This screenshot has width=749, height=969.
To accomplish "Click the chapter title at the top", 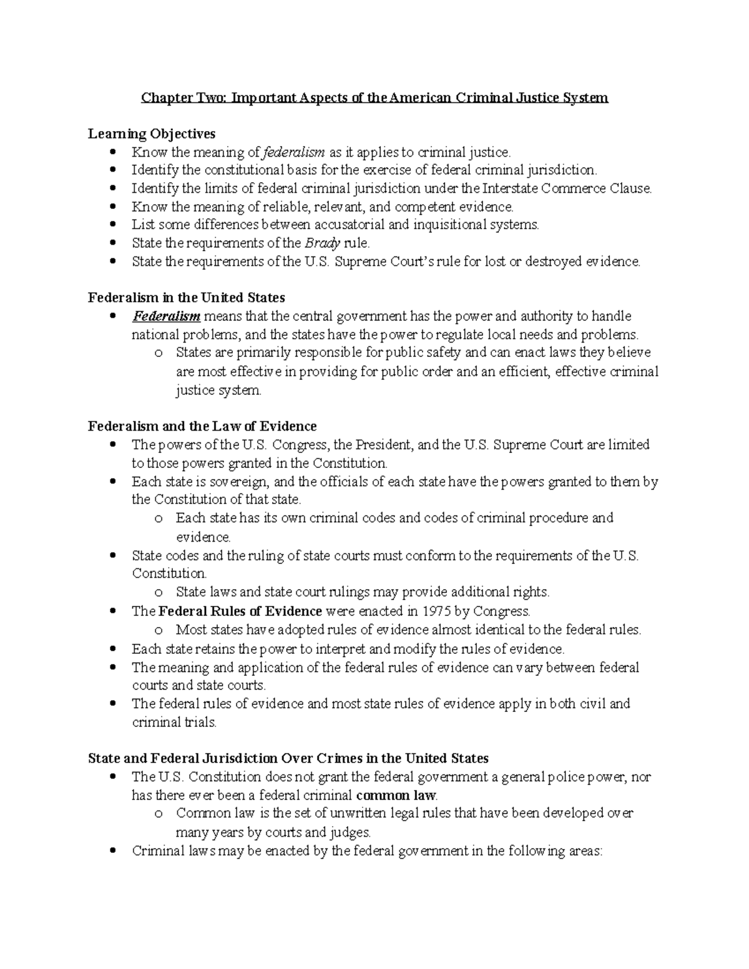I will click(374, 98).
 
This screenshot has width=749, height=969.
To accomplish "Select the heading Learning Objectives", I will click(152, 134).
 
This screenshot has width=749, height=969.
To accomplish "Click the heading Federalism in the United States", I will click(187, 298).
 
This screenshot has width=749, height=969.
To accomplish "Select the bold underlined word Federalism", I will click(166, 316).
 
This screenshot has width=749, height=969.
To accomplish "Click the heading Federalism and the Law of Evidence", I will click(202, 426).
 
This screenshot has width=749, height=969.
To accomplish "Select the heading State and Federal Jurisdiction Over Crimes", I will click(288, 758).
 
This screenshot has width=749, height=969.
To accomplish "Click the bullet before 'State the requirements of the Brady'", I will click(112, 243).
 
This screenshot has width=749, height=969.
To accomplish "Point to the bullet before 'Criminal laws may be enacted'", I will click(112, 850).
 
